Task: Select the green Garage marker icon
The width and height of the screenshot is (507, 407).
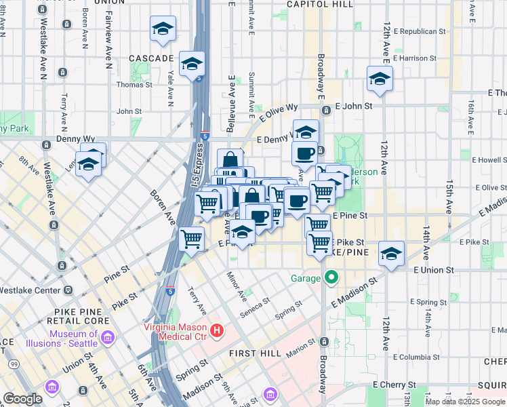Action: tap(331, 277)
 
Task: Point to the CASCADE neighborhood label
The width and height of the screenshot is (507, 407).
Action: tap(152, 58)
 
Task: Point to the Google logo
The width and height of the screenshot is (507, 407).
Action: tap(23, 399)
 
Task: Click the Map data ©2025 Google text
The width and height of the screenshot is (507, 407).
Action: tap(465, 402)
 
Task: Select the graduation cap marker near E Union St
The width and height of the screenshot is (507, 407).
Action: tap(391, 254)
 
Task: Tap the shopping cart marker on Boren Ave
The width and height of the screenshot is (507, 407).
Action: tap(192, 239)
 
